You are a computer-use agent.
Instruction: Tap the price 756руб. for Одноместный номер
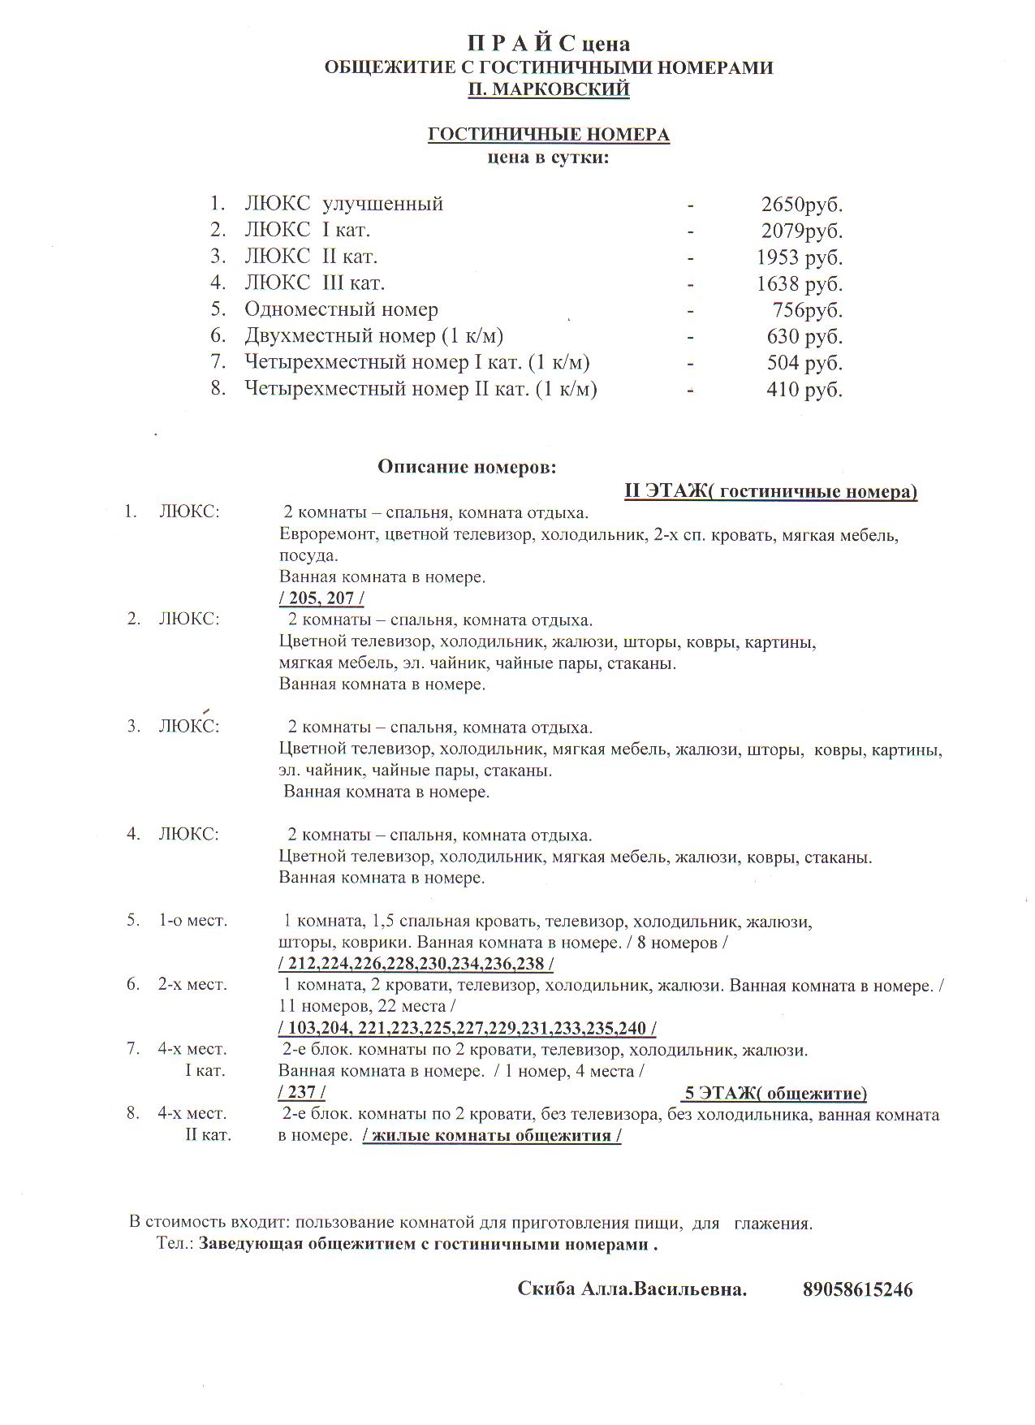pyautogui.click(x=807, y=310)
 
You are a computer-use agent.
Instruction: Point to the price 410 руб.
pyautogui.click(x=804, y=390)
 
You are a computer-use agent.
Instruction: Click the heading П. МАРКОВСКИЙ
pyautogui.click(x=548, y=89)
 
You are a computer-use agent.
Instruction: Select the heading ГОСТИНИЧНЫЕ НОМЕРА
pyautogui.click(x=549, y=135)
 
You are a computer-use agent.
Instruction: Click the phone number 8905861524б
pyautogui.click(x=857, y=1289)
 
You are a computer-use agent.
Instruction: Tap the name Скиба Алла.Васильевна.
pyautogui.click(x=632, y=1289)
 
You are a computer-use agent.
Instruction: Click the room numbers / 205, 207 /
pyautogui.click(x=321, y=598)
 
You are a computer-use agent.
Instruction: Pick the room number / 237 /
pyautogui.click(x=302, y=1092)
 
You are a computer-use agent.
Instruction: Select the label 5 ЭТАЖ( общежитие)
pyautogui.click(x=775, y=1093)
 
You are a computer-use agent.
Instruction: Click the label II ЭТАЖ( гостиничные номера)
pyautogui.click(x=770, y=491)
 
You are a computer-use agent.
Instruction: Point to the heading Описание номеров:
pyautogui.click(x=468, y=467)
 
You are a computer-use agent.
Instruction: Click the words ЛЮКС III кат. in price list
pyautogui.click(x=314, y=283)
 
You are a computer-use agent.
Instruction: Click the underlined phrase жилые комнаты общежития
pyautogui.click(x=492, y=1135)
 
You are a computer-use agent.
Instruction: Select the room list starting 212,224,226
pyautogui.click(x=416, y=964)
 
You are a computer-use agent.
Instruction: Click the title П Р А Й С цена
pyautogui.click(x=548, y=43)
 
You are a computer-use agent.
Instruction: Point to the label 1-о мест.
pyautogui.click(x=192, y=921)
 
